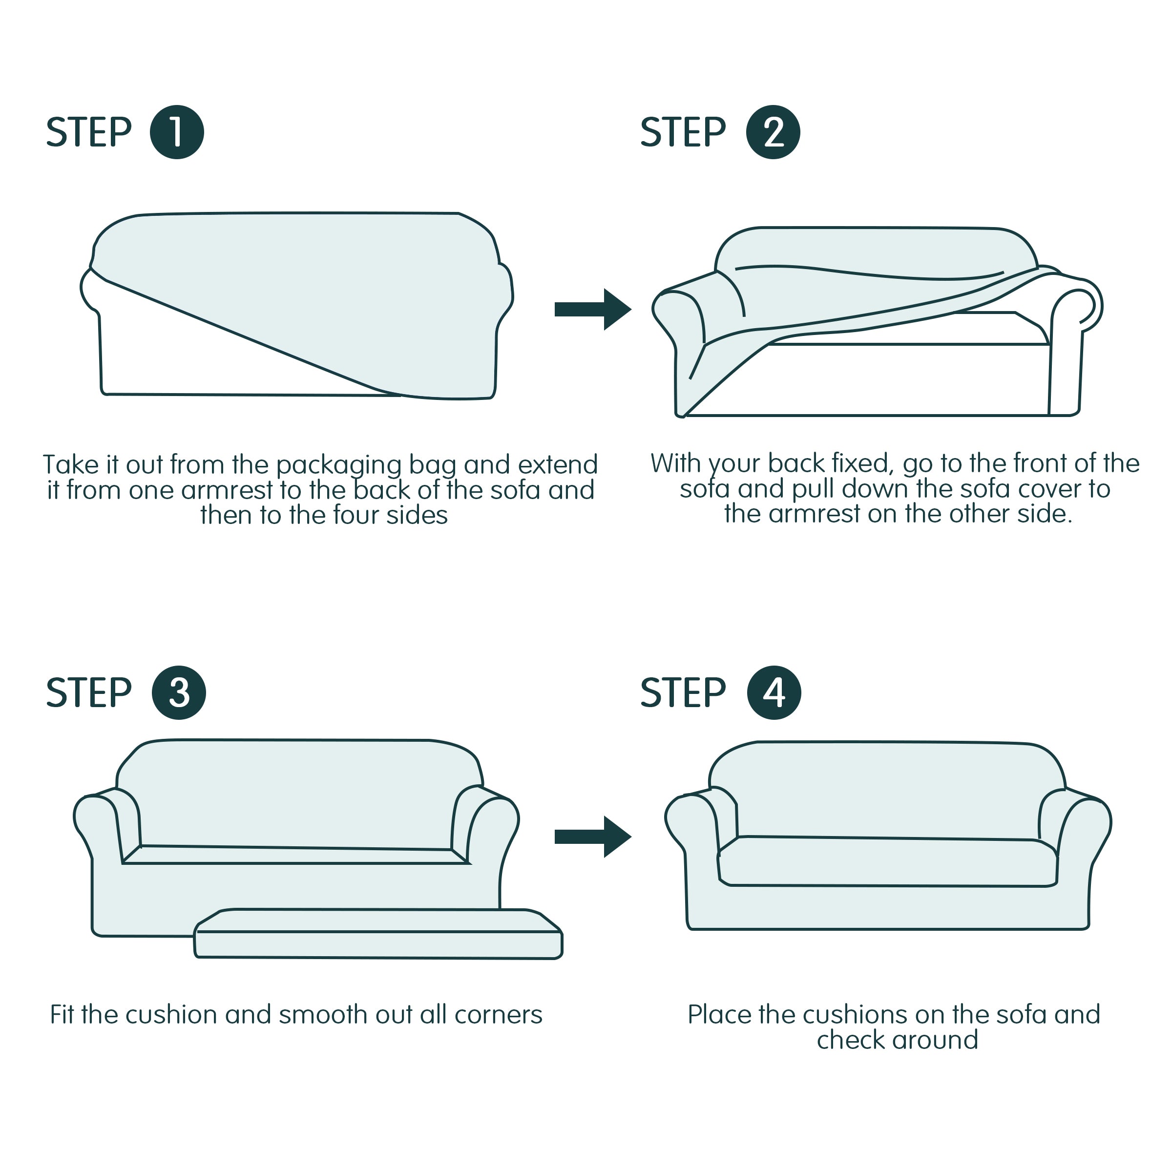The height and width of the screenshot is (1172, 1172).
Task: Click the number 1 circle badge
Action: pos(176,132)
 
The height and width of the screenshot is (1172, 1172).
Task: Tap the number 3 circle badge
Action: pos(178,693)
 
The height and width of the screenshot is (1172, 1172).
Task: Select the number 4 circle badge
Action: pos(774,693)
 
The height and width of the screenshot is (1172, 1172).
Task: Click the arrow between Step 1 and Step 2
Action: pos(592,310)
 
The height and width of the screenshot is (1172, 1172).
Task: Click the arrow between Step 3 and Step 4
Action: pos(592,837)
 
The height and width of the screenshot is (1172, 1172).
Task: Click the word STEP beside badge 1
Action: pos(88,132)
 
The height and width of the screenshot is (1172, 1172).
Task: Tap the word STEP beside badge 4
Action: pos(683,693)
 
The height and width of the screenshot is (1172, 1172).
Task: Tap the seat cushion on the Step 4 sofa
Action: pos(886,862)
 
